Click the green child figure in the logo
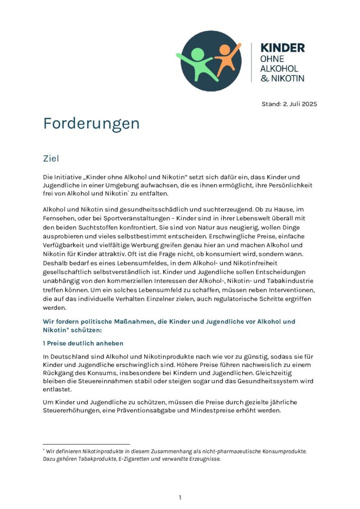click(x=197, y=63)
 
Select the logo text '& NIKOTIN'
click(x=282, y=78)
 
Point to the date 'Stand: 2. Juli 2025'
click(x=289, y=104)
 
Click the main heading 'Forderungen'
click(x=91, y=123)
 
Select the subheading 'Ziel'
click(x=51, y=159)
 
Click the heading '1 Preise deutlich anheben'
click(x=83, y=343)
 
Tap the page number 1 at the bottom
click(x=180, y=497)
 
